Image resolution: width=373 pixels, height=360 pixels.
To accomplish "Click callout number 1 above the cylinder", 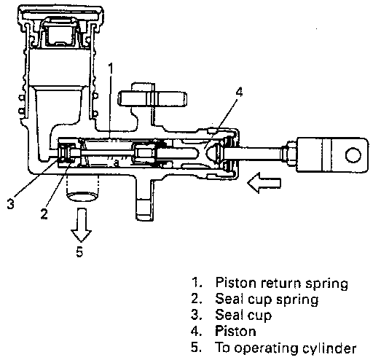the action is click(111, 69).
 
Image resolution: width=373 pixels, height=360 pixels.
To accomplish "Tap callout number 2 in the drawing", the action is click(44, 214).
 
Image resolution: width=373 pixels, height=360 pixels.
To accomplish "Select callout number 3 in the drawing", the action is click(11, 203).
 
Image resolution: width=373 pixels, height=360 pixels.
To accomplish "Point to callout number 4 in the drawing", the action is click(239, 93).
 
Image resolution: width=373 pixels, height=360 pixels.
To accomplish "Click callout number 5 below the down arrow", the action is click(79, 251).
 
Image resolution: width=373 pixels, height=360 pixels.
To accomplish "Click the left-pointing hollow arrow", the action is click(264, 183).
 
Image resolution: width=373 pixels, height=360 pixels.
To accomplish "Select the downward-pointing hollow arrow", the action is click(81, 224).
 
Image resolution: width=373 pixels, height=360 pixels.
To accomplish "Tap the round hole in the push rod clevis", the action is click(353, 155).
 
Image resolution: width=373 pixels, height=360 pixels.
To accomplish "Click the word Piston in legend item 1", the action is click(235, 283).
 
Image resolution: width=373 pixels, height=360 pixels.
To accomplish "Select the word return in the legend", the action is click(280, 283).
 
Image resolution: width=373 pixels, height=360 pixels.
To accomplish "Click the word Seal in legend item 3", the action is click(229, 315).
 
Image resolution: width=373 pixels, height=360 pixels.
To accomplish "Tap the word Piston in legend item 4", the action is click(235, 331).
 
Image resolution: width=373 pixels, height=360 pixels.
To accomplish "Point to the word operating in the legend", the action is click(266, 348).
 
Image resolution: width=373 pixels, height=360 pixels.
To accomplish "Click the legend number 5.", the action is click(196, 348).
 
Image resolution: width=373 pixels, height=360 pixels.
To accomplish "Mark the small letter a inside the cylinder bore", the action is click(117, 163).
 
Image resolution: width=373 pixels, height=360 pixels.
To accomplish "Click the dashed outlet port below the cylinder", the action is click(82, 189).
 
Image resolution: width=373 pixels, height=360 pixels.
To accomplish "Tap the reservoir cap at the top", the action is click(61, 14).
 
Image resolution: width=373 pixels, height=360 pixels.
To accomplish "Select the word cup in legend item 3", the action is click(259, 316).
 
